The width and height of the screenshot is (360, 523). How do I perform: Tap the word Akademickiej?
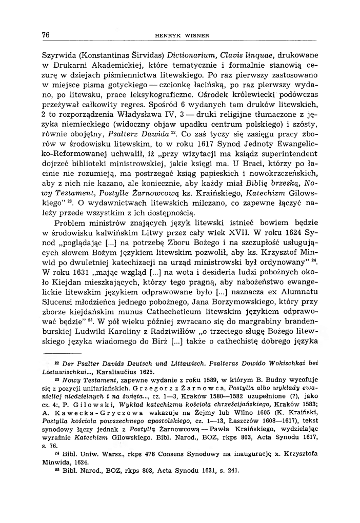tap(106, 66)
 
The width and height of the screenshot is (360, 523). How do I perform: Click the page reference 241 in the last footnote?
tap(233, 470)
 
